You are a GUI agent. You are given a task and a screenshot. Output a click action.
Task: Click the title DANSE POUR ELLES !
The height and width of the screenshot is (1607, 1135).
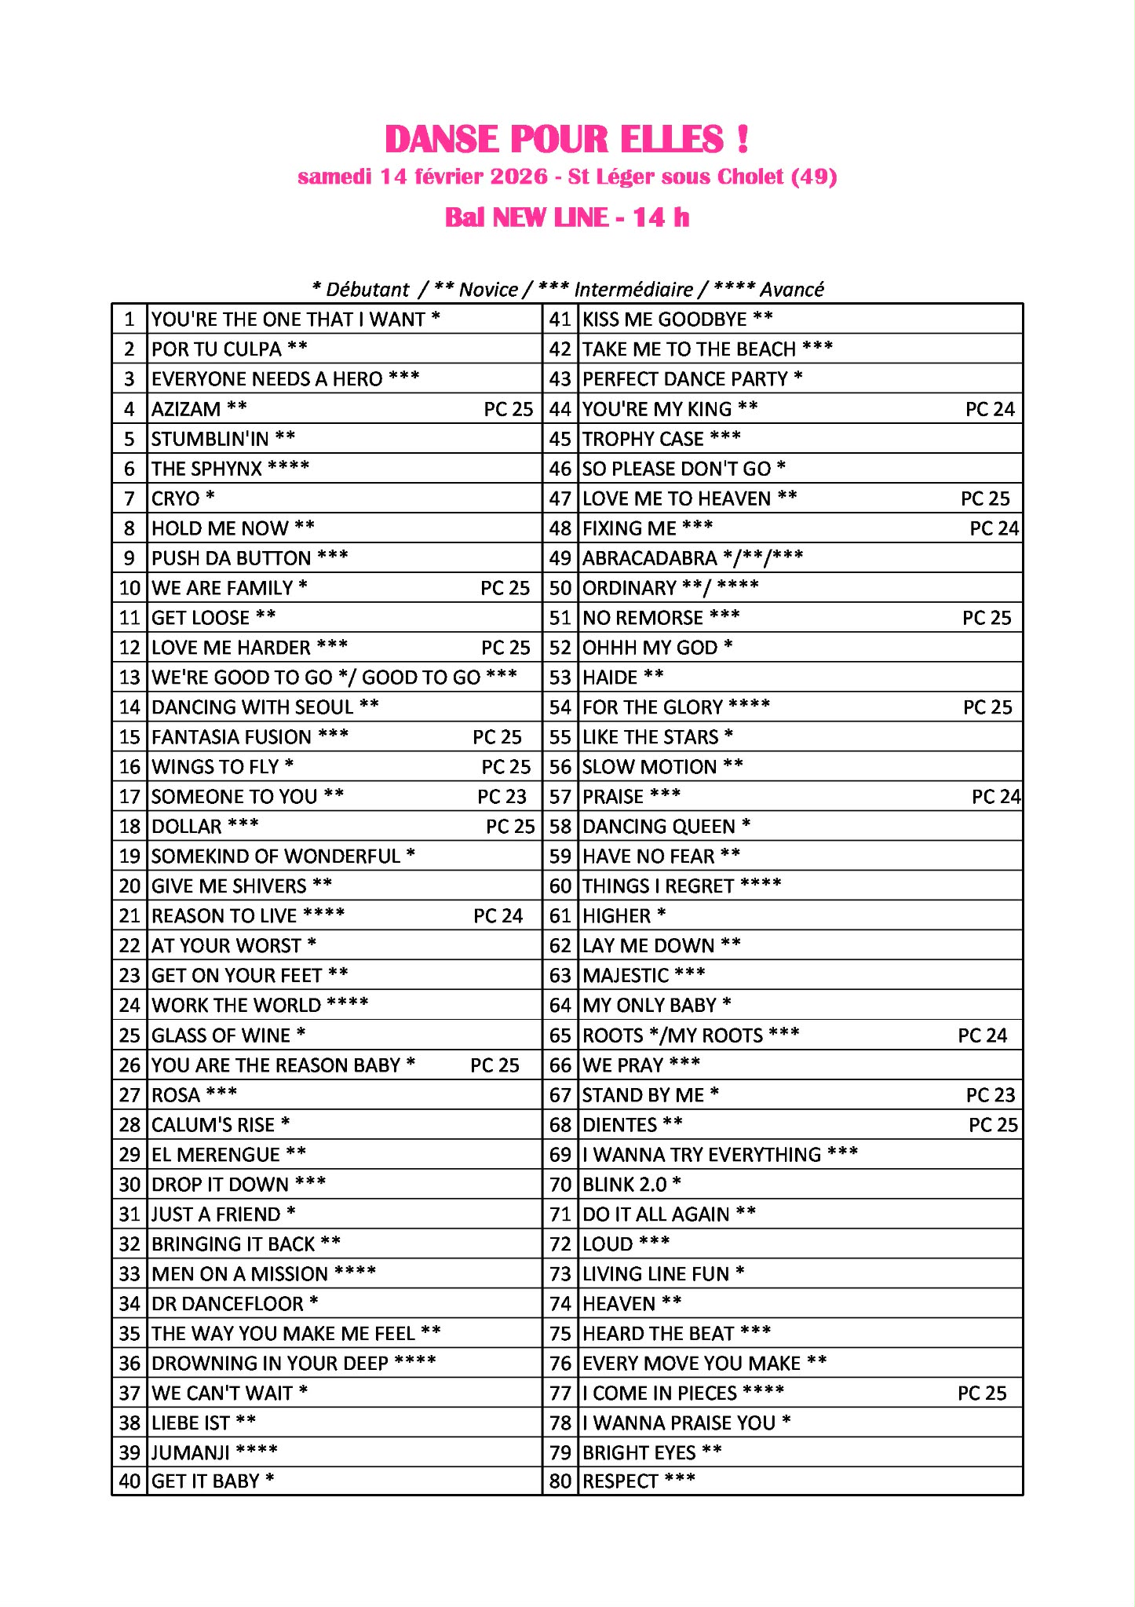coord(567,140)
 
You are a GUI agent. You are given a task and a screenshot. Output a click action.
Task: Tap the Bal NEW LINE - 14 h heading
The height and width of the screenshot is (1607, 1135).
coord(567,217)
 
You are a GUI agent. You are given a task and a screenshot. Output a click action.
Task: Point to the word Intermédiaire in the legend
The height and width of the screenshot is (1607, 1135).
coord(633,290)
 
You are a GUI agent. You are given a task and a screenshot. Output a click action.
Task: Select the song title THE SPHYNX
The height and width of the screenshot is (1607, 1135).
coord(206,469)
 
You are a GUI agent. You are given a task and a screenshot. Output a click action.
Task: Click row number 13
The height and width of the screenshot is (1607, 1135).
coord(130,677)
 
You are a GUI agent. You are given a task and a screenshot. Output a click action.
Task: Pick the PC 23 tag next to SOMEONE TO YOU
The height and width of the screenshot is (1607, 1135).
coord(502,797)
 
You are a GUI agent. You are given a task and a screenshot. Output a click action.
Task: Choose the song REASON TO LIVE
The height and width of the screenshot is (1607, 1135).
coord(224,916)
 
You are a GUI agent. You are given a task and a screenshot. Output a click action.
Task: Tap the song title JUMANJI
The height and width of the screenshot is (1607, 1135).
coord(191,1453)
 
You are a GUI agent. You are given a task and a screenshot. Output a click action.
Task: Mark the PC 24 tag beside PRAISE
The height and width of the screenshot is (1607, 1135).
coord(995,797)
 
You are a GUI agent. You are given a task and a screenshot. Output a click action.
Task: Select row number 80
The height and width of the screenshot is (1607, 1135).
coord(560,1481)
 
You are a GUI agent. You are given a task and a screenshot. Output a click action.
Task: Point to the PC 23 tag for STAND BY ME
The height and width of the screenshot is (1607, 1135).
coord(990,1095)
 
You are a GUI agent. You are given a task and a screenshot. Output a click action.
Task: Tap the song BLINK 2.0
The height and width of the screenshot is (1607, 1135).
coord(625,1185)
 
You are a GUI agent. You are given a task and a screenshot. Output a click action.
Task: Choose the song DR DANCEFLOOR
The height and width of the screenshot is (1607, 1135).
coord(228,1304)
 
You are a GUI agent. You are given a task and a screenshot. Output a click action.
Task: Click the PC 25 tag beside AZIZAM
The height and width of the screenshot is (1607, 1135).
coord(508,409)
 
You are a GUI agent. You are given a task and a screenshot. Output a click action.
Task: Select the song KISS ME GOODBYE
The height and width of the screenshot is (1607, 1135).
coord(665,320)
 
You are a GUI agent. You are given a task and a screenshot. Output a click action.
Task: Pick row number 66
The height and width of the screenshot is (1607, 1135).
coord(560,1065)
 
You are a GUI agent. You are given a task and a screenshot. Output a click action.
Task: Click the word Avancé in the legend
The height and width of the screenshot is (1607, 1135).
coord(792,290)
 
